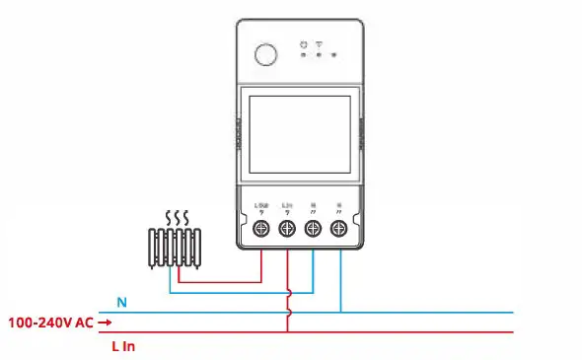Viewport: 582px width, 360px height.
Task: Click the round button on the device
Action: (x=266, y=53)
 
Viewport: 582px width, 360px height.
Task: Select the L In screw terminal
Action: (x=287, y=230)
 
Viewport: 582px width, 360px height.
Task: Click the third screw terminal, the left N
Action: (x=313, y=230)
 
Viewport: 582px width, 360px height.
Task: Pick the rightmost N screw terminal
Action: (x=338, y=230)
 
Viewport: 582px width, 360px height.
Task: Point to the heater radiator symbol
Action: (x=177, y=247)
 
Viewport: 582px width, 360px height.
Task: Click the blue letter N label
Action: (x=121, y=303)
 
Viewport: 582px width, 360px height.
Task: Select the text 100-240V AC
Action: (x=49, y=322)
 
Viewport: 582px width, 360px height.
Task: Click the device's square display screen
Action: (x=297, y=131)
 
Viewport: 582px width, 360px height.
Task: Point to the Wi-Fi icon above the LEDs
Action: (x=321, y=43)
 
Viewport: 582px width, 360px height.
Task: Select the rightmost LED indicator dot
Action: (x=335, y=55)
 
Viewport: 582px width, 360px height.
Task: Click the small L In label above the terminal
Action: (x=287, y=205)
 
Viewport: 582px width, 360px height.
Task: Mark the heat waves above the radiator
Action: (x=177, y=217)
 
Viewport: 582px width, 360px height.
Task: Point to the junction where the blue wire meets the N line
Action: (x=339, y=313)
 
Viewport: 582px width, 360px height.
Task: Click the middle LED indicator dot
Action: (x=321, y=55)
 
